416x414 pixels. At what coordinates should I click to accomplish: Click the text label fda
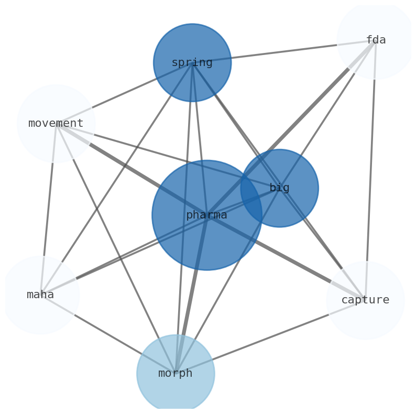click(x=376, y=40)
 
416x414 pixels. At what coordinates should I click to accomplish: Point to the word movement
click(x=56, y=124)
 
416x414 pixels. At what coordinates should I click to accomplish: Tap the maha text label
click(x=40, y=295)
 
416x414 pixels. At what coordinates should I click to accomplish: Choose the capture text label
click(x=365, y=300)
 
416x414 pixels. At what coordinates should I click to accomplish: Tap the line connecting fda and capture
click(x=370, y=168)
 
